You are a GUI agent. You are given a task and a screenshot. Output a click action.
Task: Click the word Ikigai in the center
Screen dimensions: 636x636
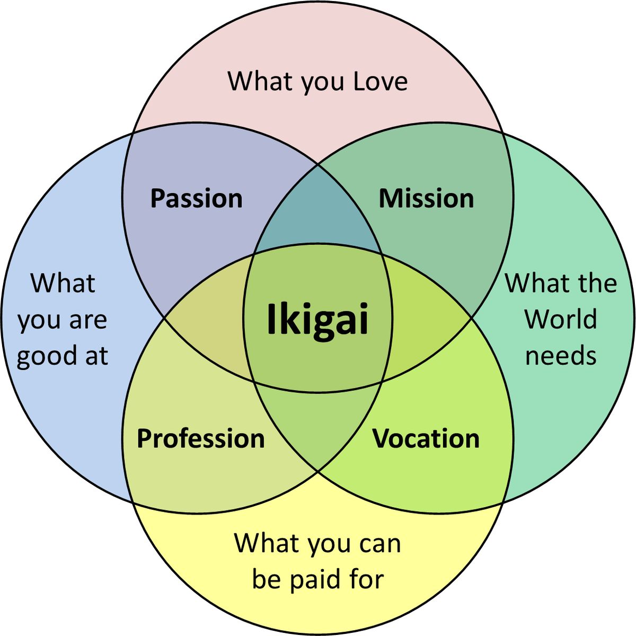[x=317, y=319]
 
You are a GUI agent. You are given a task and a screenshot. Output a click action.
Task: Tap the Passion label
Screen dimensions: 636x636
[x=196, y=199]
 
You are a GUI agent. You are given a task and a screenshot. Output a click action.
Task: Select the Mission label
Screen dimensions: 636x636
[x=426, y=199]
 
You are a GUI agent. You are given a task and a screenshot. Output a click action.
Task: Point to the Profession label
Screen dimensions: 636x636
[x=200, y=439]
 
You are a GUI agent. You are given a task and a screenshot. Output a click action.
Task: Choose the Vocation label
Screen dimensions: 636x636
[x=426, y=439]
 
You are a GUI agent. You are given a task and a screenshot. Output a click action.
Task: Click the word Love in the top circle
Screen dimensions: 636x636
[x=381, y=82]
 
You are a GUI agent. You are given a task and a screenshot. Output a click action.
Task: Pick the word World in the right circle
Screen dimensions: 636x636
[x=561, y=319]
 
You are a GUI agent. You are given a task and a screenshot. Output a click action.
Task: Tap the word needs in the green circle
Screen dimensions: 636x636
[x=561, y=355]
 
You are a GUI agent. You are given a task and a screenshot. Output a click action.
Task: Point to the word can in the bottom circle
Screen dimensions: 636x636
[x=380, y=544]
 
